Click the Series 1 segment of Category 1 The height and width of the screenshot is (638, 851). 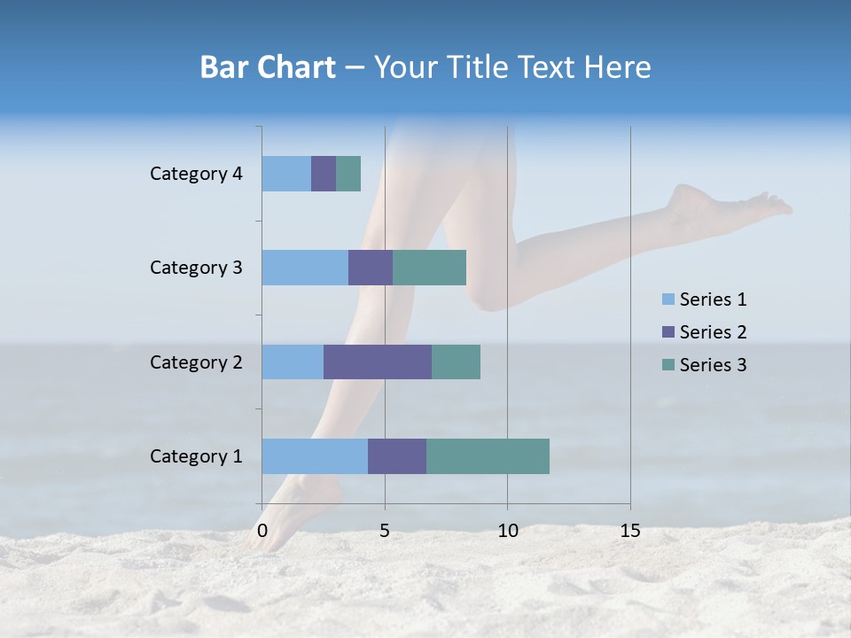point(315,456)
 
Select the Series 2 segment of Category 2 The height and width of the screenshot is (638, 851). point(378,362)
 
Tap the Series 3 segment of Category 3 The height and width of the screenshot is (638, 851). point(429,268)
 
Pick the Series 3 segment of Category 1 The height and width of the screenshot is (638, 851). point(488,456)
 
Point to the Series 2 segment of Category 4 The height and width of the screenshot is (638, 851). point(324,174)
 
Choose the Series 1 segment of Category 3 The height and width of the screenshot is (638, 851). point(305,268)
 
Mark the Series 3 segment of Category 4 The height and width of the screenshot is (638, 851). point(348,174)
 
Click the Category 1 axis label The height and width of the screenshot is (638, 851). point(196,456)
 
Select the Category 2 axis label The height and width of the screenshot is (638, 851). point(196,362)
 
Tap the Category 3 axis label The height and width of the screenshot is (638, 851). point(196,268)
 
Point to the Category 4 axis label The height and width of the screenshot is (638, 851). point(196,174)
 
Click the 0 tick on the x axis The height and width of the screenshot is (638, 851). point(262,531)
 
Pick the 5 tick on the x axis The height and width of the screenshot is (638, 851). point(385,531)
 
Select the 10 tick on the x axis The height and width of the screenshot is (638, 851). point(507,531)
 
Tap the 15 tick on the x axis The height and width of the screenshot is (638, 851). point(629,531)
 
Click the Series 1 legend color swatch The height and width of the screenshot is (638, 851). point(668,300)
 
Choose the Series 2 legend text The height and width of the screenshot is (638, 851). point(713,332)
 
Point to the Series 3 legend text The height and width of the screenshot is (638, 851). point(713,365)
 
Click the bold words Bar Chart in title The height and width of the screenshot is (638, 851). point(268,67)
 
